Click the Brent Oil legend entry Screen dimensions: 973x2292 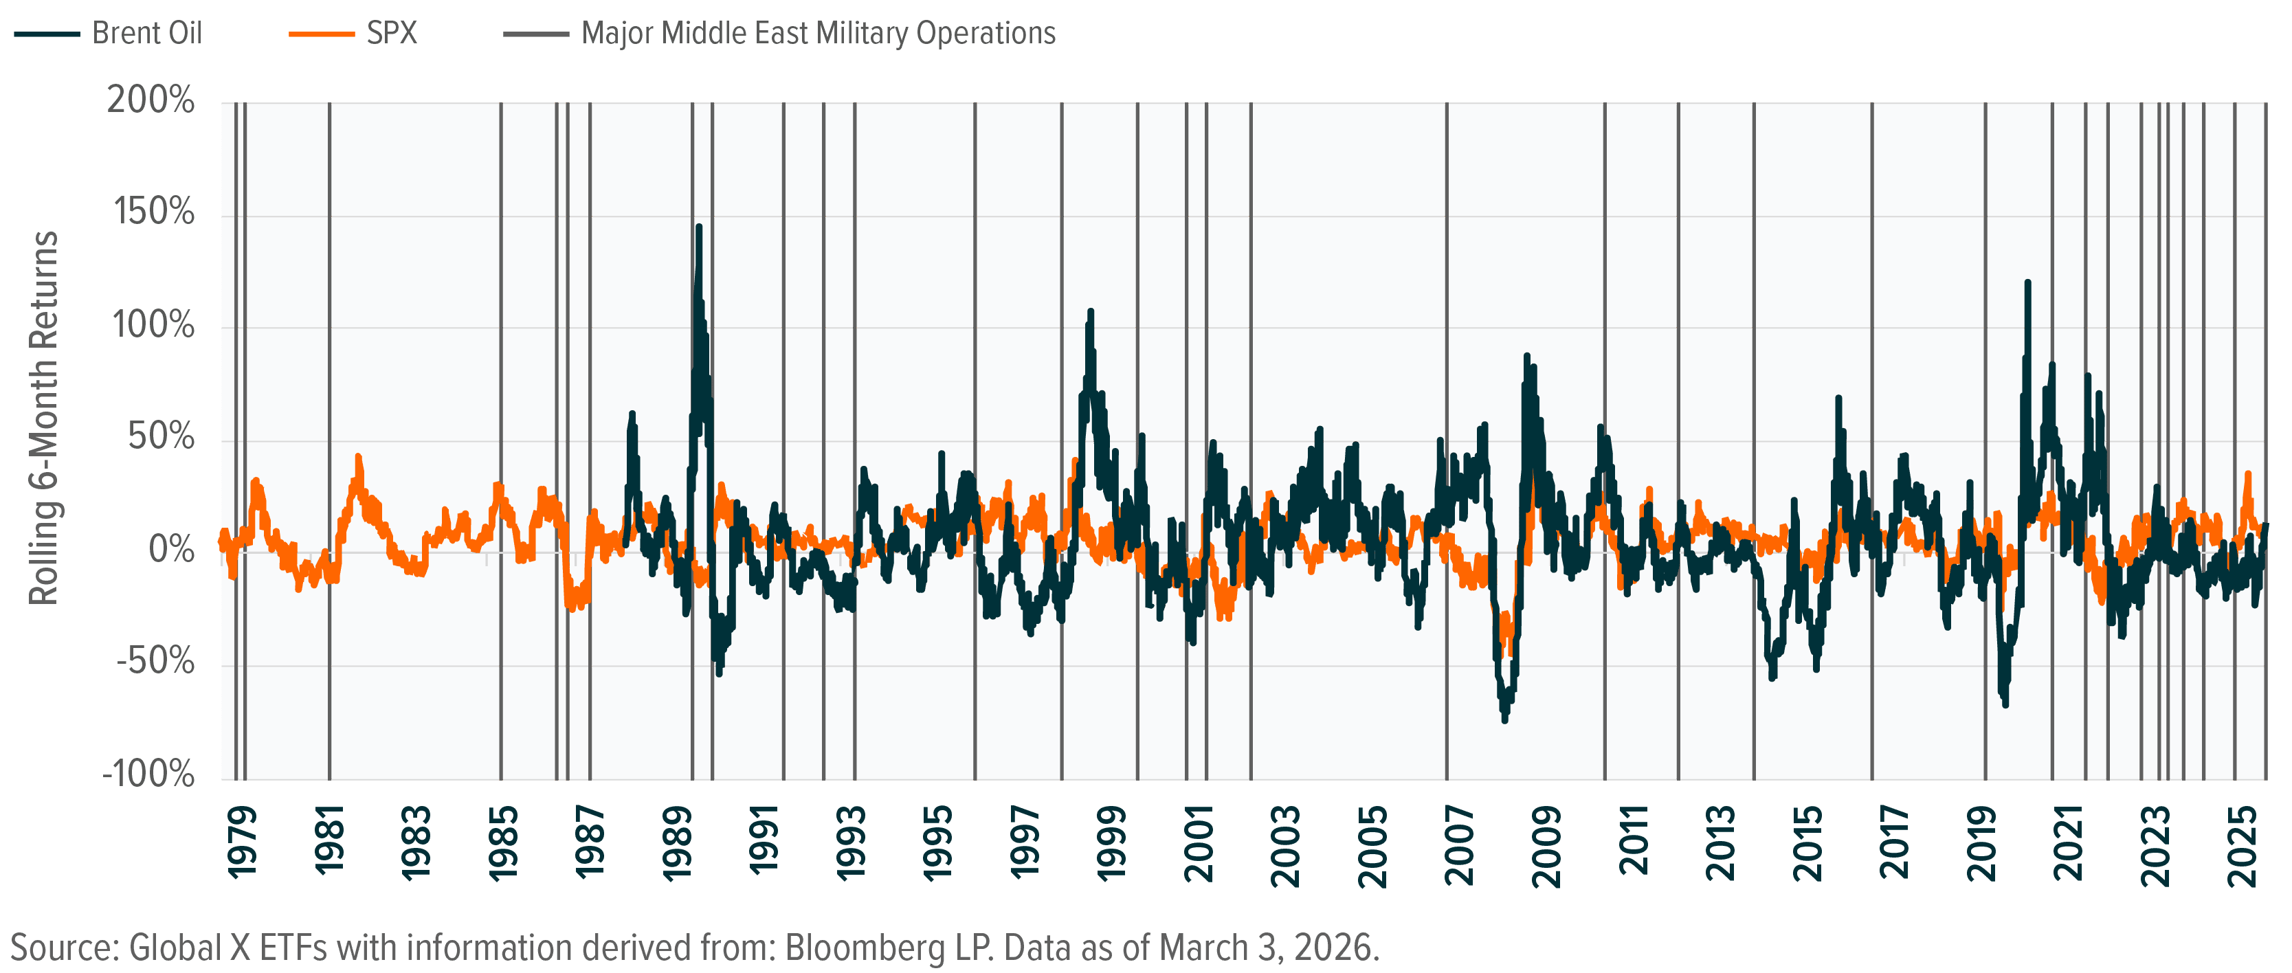[147, 34]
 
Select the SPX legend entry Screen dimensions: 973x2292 [392, 34]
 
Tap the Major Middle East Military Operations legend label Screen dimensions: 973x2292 [818, 34]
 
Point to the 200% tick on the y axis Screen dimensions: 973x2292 [151, 100]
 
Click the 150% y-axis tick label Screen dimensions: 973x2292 [153, 212]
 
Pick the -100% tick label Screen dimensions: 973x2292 [150, 774]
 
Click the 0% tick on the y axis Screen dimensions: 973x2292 [171, 550]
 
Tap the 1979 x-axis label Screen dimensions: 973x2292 [242, 843]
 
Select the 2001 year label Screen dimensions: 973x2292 [1200, 843]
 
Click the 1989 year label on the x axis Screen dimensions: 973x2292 [678, 843]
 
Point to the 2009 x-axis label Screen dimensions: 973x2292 [1549, 843]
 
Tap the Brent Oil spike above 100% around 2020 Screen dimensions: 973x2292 [2027, 283]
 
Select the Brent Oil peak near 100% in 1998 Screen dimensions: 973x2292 [1091, 312]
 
